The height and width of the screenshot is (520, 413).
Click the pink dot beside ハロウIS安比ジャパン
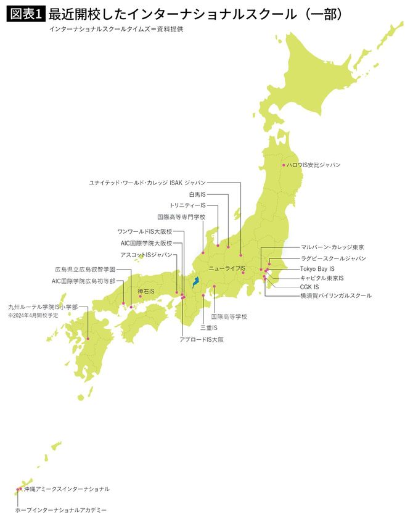click(x=284, y=165)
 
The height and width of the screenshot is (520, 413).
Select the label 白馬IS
click(x=215, y=194)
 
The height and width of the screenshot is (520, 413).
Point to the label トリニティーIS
click(x=187, y=205)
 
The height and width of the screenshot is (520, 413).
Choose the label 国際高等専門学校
click(x=181, y=217)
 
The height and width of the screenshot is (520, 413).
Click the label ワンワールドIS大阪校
click(x=145, y=231)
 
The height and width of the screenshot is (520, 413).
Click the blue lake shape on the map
click(x=195, y=281)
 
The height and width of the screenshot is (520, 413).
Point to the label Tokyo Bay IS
click(x=317, y=269)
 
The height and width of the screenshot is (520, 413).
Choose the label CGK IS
click(x=309, y=287)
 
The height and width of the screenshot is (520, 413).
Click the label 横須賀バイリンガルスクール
click(x=336, y=295)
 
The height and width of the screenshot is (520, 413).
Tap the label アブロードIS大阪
click(x=201, y=339)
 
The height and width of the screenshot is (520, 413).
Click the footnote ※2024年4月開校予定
click(x=34, y=315)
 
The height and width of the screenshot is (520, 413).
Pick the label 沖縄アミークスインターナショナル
click(x=67, y=489)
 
